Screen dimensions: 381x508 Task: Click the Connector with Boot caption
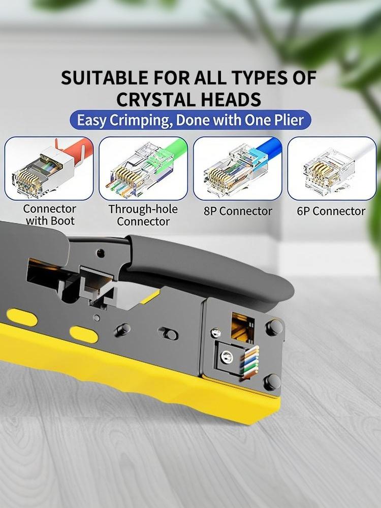click(50, 214)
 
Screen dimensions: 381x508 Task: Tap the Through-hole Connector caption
click(143, 215)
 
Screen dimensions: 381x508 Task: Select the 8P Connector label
click(238, 211)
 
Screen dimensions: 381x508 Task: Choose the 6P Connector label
click(331, 211)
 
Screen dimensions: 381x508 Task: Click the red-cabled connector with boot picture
click(49, 168)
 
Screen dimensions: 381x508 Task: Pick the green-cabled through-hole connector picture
click(143, 168)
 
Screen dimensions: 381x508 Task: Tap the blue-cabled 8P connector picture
click(237, 168)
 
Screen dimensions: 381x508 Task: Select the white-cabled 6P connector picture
click(332, 168)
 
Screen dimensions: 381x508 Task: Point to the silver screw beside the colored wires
click(227, 357)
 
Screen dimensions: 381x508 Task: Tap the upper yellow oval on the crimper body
click(22, 317)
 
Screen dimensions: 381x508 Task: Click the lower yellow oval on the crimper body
click(84, 335)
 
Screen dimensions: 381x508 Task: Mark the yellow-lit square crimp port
click(243, 327)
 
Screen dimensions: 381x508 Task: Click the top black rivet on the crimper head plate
click(274, 327)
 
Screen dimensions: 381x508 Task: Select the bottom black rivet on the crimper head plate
click(272, 383)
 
